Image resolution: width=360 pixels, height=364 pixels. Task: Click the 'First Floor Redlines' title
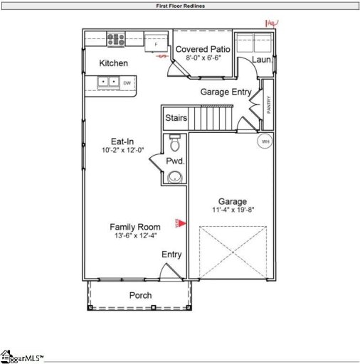click(180, 6)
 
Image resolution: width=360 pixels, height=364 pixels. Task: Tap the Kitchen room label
click(114, 63)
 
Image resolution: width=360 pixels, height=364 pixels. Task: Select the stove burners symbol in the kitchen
click(115, 39)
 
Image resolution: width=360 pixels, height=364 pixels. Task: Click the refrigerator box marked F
click(155, 43)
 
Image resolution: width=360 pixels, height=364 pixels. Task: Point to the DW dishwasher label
click(127, 83)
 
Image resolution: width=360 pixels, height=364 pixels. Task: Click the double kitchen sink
click(108, 82)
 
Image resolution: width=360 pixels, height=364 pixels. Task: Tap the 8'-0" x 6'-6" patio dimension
click(203, 58)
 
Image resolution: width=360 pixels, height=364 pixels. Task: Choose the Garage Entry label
click(224, 92)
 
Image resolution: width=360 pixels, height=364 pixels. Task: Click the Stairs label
click(176, 117)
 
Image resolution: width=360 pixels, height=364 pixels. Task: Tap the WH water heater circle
click(265, 141)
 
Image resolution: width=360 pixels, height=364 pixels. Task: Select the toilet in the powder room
click(175, 145)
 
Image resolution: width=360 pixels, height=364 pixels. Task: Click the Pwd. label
click(175, 161)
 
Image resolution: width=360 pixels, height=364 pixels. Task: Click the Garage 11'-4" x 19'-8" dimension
click(231, 210)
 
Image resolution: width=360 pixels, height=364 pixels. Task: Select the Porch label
click(139, 295)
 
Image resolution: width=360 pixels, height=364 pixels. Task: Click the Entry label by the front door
click(171, 255)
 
